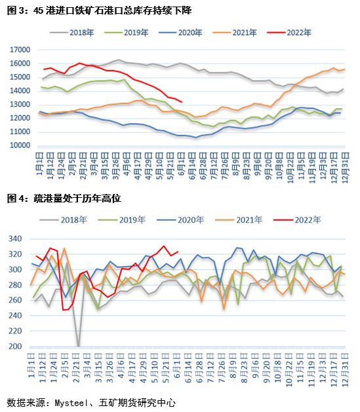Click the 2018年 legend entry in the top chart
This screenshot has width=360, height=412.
[x=71, y=33]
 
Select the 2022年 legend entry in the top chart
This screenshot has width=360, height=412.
[x=289, y=33]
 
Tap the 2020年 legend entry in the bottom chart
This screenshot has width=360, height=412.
[x=180, y=219]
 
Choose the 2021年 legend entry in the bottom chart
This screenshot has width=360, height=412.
[x=239, y=219]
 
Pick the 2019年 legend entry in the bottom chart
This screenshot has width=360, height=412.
[x=122, y=219]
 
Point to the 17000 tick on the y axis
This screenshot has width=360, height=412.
[x=20, y=50]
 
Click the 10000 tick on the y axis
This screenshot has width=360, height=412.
[x=20, y=145]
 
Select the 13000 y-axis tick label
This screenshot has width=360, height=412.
[x=20, y=104]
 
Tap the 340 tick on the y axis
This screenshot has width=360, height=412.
[x=15, y=239]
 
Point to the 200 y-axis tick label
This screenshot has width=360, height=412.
[x=15, y=346]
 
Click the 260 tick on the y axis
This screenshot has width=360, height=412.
[x=15, y=300]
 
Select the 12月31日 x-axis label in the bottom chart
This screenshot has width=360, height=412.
[x=345, y=370]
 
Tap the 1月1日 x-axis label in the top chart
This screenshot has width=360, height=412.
[x=40, y=164]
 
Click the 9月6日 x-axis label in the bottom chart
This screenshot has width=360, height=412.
[x=256, y=365]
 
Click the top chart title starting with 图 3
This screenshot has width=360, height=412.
[x=100, y=10]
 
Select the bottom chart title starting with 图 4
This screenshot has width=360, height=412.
[x=64, y=198]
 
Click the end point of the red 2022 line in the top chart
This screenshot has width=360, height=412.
[x=182, y=102]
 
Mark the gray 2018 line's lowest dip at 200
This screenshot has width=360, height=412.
[x=79, y=346]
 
